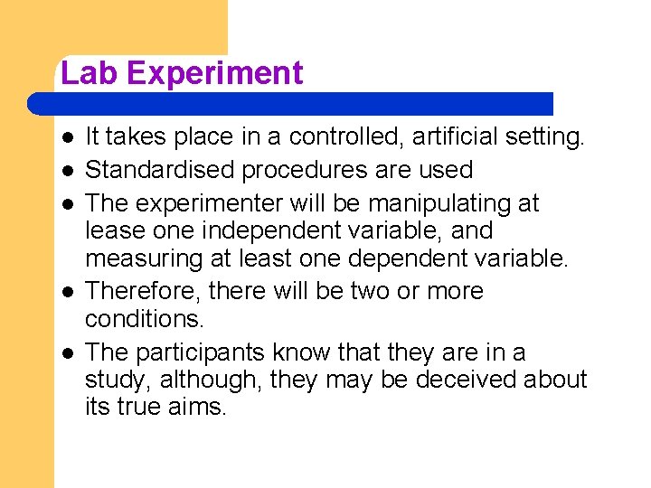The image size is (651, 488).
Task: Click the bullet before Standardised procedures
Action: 69,170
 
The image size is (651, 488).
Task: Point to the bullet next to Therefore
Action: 69,292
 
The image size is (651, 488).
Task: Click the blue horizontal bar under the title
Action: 289,103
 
